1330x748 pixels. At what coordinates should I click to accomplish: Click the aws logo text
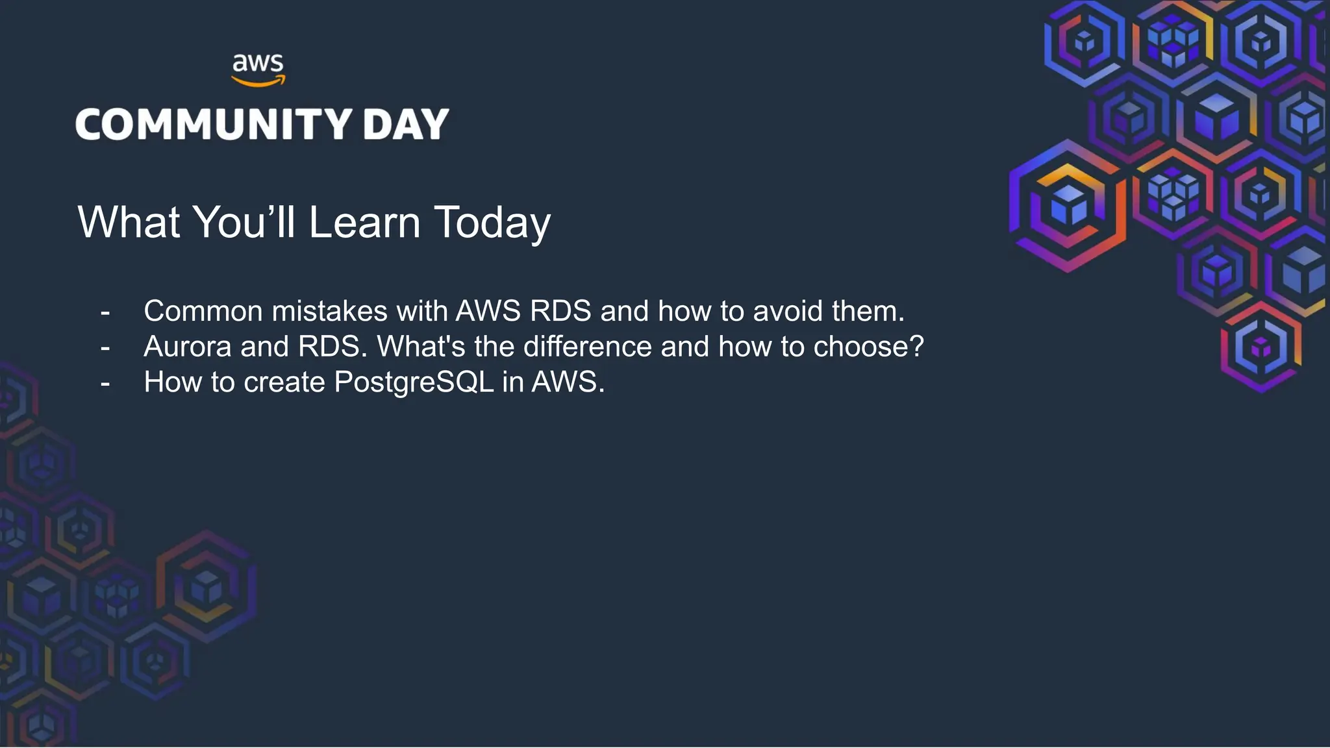[x=258, y=64]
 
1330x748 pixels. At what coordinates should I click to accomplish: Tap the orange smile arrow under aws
[x=258, y=82]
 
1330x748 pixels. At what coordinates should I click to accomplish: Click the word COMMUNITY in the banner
[x=214, y=124]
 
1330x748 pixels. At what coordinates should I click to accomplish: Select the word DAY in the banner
[x=406, y=124]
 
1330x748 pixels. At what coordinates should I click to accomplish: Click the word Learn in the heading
[x=364, y=223]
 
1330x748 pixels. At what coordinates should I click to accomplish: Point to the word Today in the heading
[x=492, y=223]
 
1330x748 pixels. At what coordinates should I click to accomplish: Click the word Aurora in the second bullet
[x=187, y=347]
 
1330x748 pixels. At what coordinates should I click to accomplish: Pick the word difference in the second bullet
[x=587, y=347]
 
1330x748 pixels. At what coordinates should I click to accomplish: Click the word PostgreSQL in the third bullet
[x=414, y=382]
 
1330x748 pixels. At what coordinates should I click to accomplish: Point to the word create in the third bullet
[x=284, y=382]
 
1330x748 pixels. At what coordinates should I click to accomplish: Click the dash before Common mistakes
[x=105, y=313]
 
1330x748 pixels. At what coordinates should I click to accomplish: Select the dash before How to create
[x=105, y=384]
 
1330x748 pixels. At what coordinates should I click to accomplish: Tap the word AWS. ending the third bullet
[x=568, y=382]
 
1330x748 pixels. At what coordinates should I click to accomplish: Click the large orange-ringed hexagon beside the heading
[x=1068, y=205]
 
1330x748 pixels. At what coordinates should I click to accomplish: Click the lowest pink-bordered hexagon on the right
[x=1261, y=348]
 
